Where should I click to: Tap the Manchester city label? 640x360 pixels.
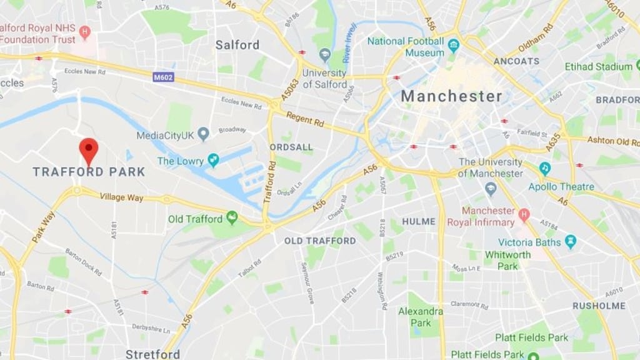click(x=451, y=96)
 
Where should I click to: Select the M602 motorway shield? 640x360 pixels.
click(x=163, y=77)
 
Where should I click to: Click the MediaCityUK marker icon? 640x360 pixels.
click(x=203, y=134)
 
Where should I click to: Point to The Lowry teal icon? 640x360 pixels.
click(x=214, y=161)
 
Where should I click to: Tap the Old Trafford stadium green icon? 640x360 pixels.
click(x=232, y=217)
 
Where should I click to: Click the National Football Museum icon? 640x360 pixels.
click(x=454, y=46)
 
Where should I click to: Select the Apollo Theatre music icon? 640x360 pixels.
click(x=545, y=169)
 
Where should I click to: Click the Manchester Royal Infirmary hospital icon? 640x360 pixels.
click(x=524, y=215)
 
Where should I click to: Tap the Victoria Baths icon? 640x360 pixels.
click(x=570, y=241)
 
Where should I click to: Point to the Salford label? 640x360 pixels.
click(x=237, y=44)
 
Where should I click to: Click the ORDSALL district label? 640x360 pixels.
click(x=291, y=146)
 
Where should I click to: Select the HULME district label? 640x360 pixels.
click(x=419, y=221)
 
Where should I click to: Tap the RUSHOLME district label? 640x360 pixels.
click(x=599, y=306)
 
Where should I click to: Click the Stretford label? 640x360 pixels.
click(x=152, y=354)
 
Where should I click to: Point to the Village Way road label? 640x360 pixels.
click(x=121, y=197)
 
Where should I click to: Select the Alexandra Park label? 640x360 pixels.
click(x=420, y=317)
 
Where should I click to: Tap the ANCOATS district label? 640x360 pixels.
click(x=516, y=61)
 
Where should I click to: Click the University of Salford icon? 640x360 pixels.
click(x=325, y=55)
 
